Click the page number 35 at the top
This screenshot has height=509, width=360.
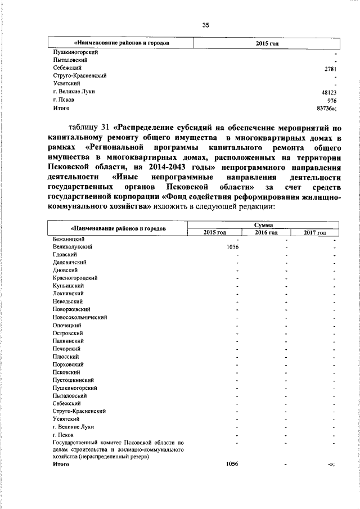click(206, 24)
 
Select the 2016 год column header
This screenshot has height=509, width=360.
click(265, 232)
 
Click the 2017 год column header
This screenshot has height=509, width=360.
click(314, 232)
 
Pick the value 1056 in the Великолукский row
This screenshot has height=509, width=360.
click(232, 247)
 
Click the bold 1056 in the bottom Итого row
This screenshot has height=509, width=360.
click(232, 465)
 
